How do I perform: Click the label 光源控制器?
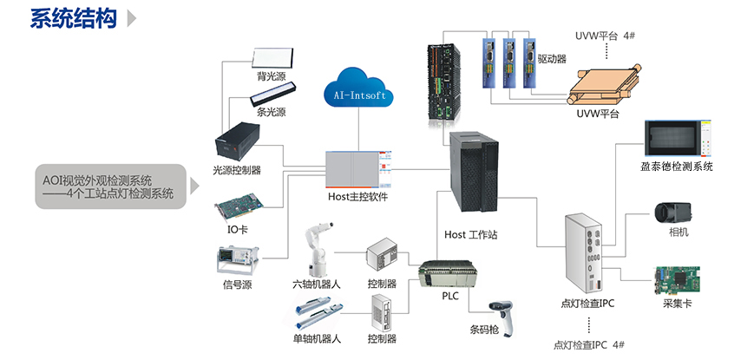click(x=236, y=170)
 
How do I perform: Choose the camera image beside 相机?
click(x=670, y=213)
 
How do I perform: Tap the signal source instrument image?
click(x=237, y=260)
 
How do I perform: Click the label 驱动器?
click(x=552, y=60)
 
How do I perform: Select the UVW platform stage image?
click(x=604, y=83)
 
